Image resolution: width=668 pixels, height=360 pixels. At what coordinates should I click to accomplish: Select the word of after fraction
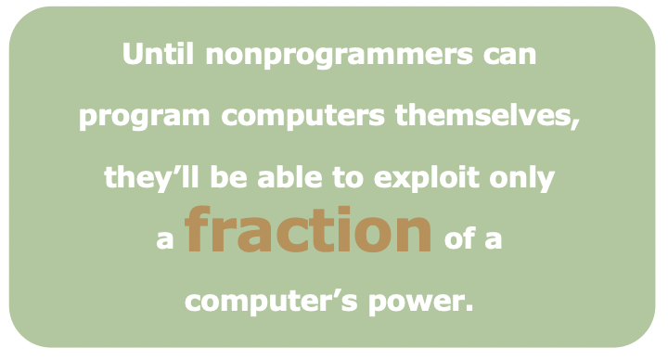[x=463, y=239]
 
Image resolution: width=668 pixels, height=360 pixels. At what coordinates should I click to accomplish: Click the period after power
[x=469, y=309]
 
